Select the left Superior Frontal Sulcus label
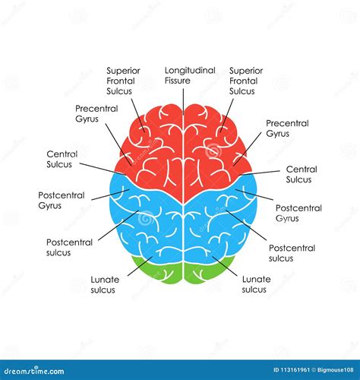tap(125, 81)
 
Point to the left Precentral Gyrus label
tap(96, 113)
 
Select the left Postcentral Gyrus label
tap(61, 199)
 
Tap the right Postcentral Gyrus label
tap(298, 213)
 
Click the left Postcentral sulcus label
tap(69, 247)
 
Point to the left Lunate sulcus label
tap(105, 283)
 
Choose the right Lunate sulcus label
tap(256, 283)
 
